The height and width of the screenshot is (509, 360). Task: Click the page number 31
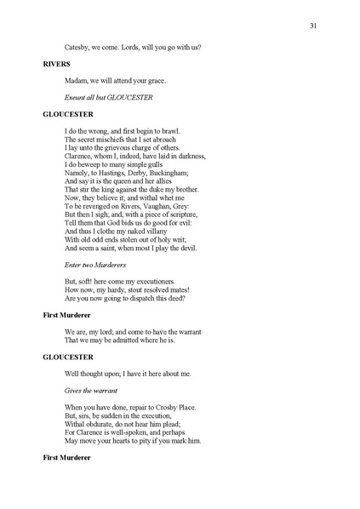pyautogui.click(x=313, y=26)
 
